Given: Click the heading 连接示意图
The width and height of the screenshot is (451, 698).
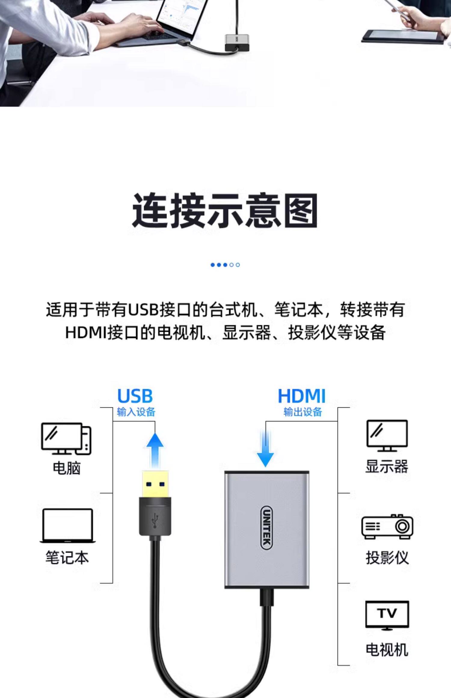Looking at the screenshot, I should pos(225,211).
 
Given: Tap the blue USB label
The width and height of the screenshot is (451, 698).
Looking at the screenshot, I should pos(135,396).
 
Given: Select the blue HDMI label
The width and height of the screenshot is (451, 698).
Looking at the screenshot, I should pos(302,396).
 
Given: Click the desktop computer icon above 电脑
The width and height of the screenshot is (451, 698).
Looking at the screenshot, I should pos(66,439).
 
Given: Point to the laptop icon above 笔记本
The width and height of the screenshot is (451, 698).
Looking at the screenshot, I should pos(67,525).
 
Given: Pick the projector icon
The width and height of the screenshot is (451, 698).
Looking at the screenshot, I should pos(387,526).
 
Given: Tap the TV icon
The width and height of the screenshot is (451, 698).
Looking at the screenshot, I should pos(387,615).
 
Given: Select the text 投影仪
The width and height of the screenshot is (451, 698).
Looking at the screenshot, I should pos(387,558).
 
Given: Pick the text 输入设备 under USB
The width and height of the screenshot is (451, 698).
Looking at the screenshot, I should pos(136,412).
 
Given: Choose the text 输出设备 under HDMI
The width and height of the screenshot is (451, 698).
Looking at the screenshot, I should pos(302,412).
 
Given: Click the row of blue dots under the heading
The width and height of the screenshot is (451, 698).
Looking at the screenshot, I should pos(225,265).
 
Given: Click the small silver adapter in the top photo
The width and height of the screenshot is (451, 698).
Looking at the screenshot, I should pos(237,42).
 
